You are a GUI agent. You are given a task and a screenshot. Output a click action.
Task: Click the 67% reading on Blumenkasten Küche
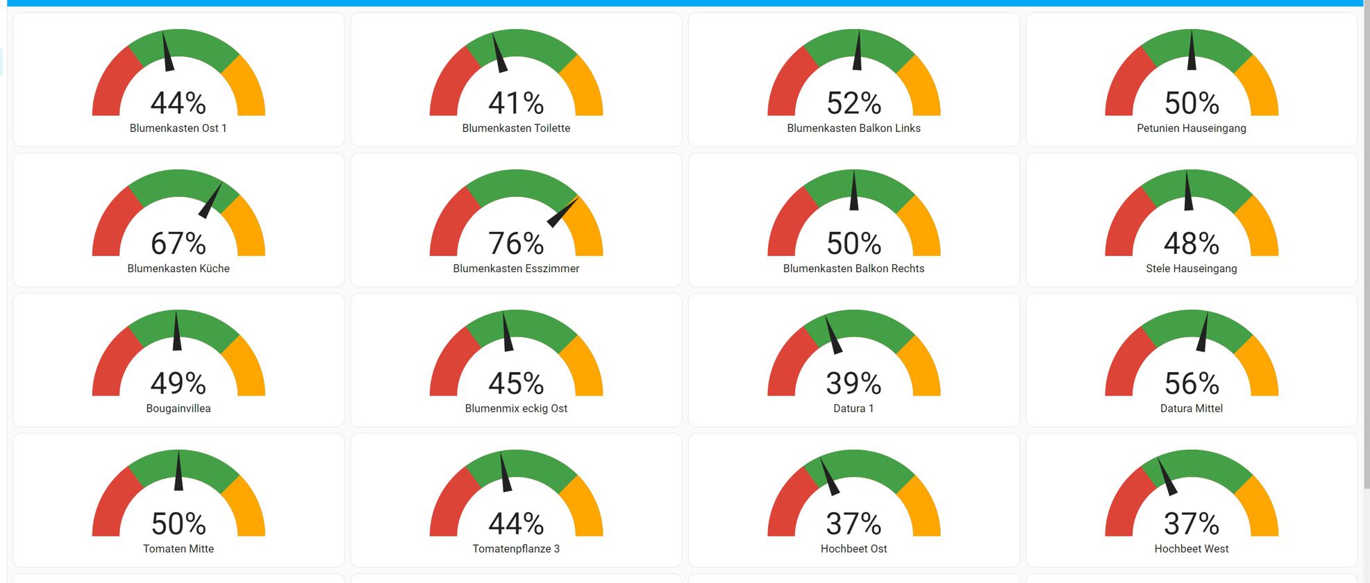pos(178,244)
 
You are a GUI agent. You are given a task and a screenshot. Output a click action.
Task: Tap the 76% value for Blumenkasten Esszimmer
pos(516,244)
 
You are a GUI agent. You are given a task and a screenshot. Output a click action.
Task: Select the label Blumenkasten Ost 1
pos(178,128)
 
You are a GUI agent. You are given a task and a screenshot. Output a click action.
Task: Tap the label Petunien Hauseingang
pos(1191,128)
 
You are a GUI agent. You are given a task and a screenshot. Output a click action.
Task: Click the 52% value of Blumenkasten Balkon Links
pos(853,103)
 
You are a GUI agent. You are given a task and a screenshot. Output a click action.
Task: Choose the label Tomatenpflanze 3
pos(516,549)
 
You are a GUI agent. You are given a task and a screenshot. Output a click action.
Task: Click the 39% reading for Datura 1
pos(853,384)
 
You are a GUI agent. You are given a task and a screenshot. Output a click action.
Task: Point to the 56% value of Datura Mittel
pos(1191,384)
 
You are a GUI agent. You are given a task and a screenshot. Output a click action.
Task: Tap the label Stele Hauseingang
pos(1191,269)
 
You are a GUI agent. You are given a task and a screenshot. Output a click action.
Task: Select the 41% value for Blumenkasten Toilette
pos(516,103)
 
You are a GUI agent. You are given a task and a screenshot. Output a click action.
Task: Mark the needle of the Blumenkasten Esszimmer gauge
pos(562,212)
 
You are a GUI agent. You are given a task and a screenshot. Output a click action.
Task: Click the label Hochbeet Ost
pos(853,549)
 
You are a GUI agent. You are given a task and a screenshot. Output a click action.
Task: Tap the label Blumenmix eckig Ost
pos(516,409)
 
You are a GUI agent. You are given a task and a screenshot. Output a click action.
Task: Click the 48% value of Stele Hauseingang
pos(1191,244)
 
